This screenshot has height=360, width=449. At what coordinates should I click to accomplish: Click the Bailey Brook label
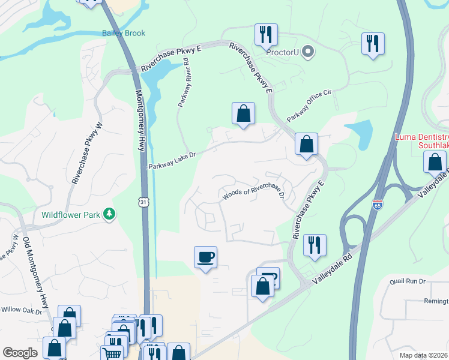pyautogui.click(x=124, y=33)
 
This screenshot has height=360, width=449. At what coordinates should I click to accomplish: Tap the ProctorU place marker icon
pyautogui.click(x=309, y=52)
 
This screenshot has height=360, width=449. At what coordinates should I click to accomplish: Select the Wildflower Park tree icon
pyautogui.click(x=109, y=214)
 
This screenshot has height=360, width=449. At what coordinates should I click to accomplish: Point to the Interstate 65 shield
pyautogui.click(x=378, y=205)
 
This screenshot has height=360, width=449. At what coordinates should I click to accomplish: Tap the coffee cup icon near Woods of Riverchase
pyautogui.click(x=205, y=257)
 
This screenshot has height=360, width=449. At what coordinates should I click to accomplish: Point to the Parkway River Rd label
pyautogui.click(x=183, y=82)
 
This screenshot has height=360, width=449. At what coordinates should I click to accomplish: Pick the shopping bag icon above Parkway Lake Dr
pyautogui.click(x=243, y=113)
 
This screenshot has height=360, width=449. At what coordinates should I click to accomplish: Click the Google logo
pyautogui.click(x=20, y=353)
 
